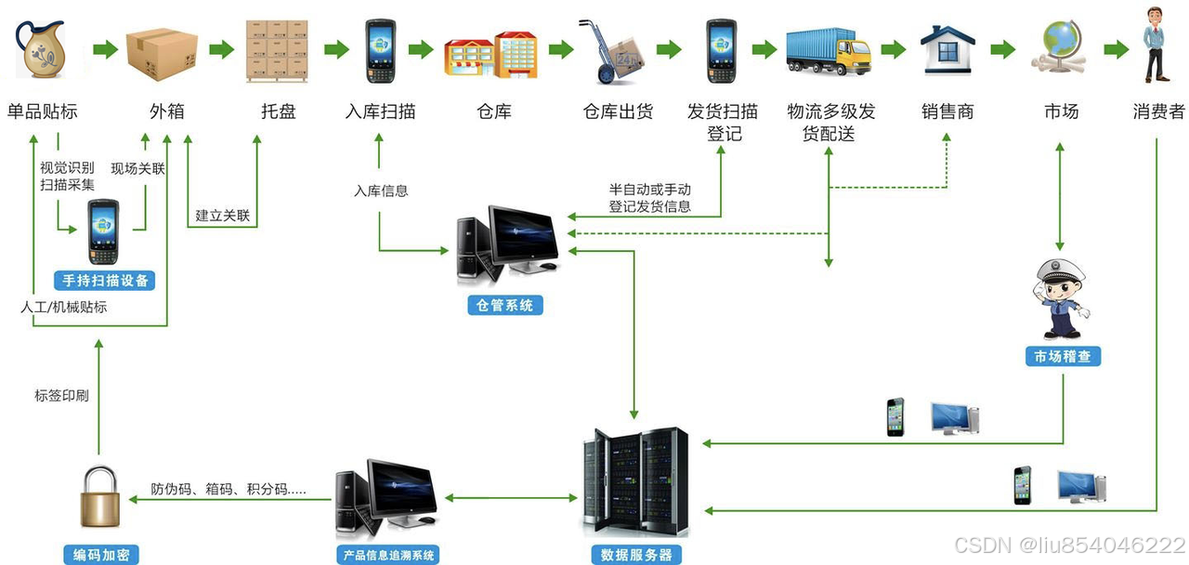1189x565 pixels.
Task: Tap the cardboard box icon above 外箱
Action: coord(162,51)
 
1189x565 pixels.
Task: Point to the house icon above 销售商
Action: coord(947,50)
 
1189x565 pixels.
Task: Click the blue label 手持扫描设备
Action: coord(105,280)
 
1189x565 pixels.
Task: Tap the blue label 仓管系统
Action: coord(505,305)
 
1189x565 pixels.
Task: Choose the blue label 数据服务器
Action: coord(636,556)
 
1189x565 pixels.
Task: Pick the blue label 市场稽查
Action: coord(1063,356)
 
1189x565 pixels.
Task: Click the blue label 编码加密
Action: coord(101,556)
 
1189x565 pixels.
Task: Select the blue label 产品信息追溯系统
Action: coord(385,556)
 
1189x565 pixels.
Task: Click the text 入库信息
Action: coord(381,191)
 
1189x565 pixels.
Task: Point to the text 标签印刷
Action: coord(61,396)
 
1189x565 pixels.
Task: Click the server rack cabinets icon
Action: coord(636,481)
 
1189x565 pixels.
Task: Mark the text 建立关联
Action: coord(223,216)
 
